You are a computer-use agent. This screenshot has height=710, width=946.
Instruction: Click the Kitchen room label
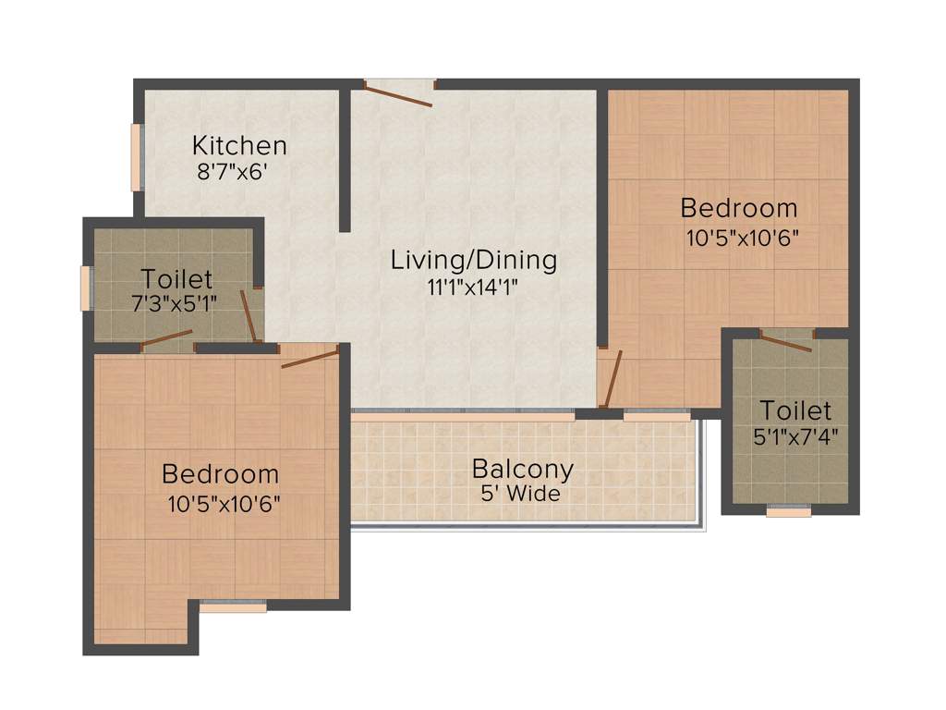point(239,145)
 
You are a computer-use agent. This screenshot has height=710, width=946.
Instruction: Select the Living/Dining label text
point(473,260)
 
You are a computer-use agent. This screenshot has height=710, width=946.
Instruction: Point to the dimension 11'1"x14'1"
point(471,287)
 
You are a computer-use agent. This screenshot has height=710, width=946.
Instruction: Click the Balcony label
point(522,469)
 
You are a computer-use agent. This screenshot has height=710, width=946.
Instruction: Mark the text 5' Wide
point(520,494)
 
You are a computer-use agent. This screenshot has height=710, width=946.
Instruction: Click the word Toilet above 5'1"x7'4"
point(795,410)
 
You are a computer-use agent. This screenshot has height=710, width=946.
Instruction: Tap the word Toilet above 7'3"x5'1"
point(176,278)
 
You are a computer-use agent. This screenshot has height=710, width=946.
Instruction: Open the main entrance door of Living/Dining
point(398,93)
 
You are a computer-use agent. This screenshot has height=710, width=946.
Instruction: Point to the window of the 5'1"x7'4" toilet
point(788,510)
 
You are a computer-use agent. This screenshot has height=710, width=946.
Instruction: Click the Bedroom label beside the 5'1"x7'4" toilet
point(738,207)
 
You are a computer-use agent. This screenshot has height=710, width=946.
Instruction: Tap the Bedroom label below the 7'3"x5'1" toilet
point(220,474)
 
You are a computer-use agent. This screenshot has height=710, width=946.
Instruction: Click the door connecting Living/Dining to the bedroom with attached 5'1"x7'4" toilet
point(611,379)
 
